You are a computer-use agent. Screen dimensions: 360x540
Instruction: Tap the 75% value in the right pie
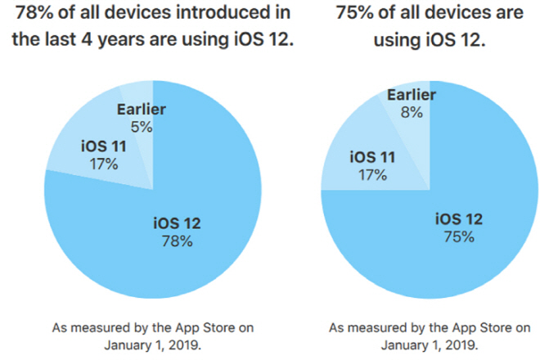[458, 237]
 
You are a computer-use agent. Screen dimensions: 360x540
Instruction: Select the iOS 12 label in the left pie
[177, 223]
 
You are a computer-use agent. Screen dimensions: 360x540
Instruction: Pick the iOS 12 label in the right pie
[458, 219]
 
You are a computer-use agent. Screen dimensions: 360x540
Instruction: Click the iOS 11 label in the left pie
[103, 146]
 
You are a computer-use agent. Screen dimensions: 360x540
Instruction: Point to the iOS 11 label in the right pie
[374, 157]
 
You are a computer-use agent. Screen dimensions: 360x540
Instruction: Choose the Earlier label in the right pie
[412, 96]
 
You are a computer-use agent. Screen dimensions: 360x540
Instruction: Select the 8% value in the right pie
[412, 113]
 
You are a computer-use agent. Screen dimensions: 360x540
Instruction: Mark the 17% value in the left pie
[103, 163]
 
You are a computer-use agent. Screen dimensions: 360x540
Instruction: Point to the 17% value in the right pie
[374, 174]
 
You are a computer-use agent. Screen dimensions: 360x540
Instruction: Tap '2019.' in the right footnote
[456, 344]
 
